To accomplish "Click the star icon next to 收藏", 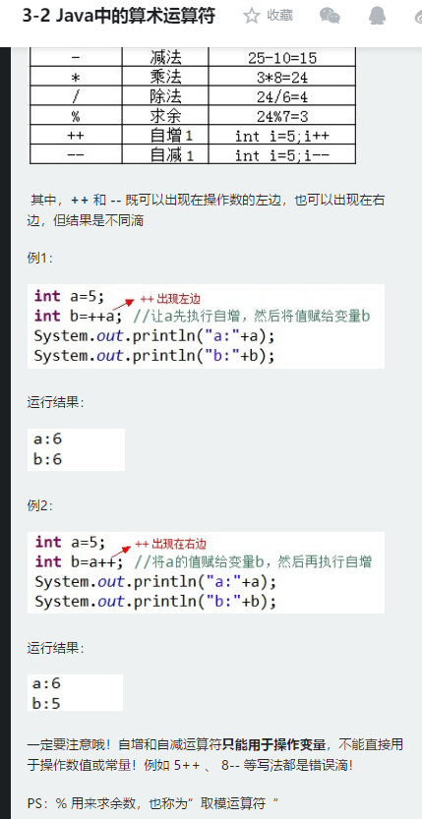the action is [251, 16].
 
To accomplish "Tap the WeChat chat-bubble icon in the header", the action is [330, 16].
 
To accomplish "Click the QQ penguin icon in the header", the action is [377, 16].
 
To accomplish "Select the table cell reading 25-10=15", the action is [282, 57].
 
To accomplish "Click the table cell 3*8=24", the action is [282, 78].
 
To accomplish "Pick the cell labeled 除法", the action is [165, 96].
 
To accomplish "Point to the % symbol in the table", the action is [76, 116].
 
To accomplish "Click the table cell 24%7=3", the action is [282, 116].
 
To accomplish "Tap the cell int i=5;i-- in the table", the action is [282, 155].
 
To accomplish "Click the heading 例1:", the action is [40, 258].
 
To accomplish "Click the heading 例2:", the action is [40, 505].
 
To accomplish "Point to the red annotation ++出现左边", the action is [170, 299].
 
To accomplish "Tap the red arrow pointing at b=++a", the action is [123, 305].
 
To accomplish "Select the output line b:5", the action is [46, 704].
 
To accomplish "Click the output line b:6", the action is [47, 459].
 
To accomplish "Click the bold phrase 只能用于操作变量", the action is [273, 744].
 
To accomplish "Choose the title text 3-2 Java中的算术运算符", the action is [119, 16].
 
